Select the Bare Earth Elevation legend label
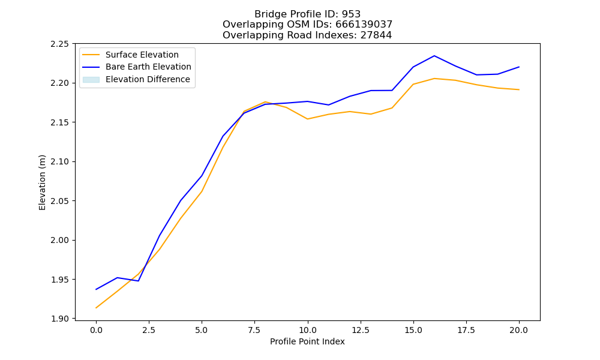pos(148,67)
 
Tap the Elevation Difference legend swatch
pos(91,80)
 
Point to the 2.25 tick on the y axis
pos(59,44)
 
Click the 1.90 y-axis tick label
pos(59,319)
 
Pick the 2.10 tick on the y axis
pos(59,161)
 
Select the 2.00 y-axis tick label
pos(59,240)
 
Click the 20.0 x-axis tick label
pos(519,330)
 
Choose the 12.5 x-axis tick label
pos(361,330)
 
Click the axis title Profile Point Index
pos(307,341)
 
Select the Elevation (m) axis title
pos(42,182)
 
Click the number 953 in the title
pos(351,14)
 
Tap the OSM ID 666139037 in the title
pos(364,25)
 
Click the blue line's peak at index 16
pos(434,56)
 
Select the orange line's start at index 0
pos(96,308)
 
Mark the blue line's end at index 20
pos(519,67)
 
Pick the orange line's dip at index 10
pos(307,119)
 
